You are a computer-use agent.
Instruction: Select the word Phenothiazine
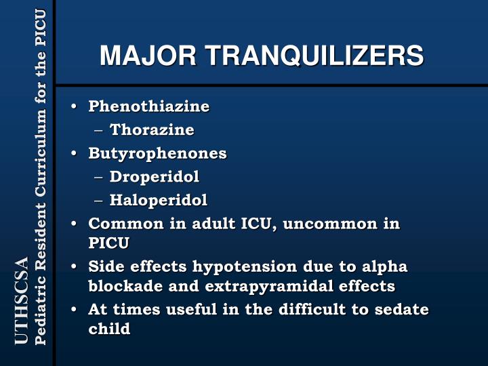[x=149, y=106]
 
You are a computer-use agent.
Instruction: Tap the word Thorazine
[x=152, y=129]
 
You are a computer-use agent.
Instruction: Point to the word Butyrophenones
[x=157, y=153]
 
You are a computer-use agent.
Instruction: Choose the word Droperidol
[x=155, y=177]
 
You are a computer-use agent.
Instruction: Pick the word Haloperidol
[x=159, y=200]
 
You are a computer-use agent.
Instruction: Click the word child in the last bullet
[x=109, y=329]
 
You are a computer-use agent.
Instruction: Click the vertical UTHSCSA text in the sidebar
[x=22, y=301]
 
